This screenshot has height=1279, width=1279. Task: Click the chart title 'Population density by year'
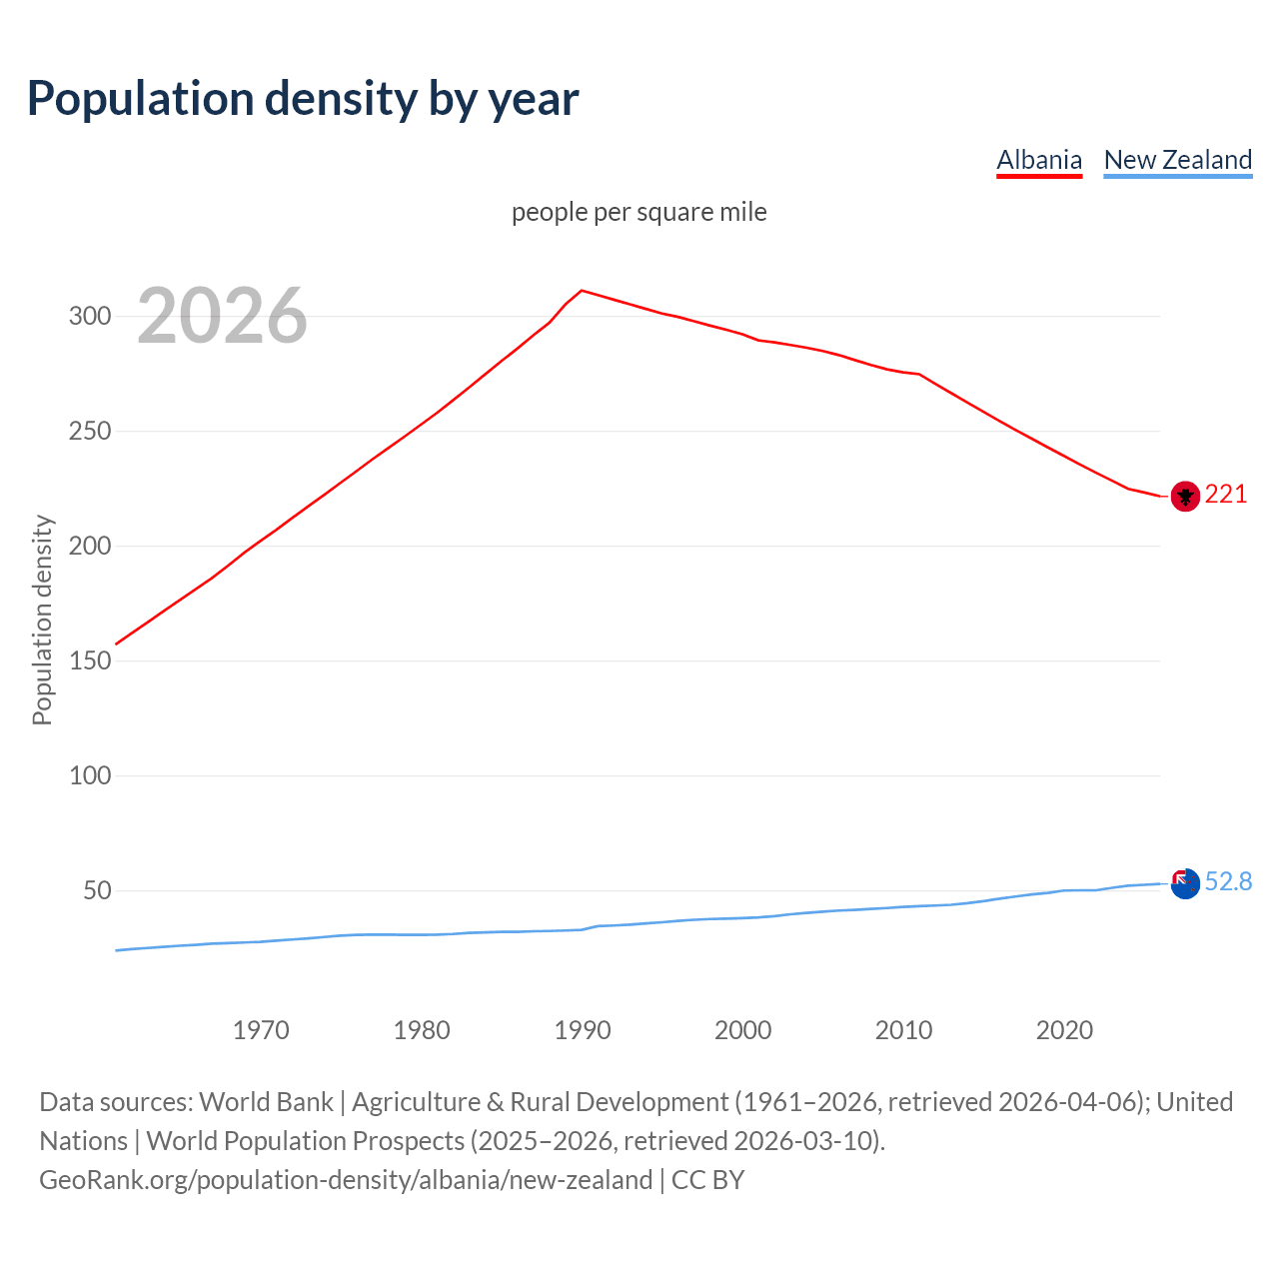[x=303, y=99]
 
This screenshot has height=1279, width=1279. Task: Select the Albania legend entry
[x=1039, y=160]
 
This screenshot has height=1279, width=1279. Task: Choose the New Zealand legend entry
[x=1177, y=160]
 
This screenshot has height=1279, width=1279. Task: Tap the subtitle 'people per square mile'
[x=639, y=213]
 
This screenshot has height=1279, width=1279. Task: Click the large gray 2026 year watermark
[x=222, y=317]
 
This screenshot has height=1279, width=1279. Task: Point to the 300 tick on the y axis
[x=89, y=317]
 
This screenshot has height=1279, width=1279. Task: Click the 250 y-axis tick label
[x=89, y=432]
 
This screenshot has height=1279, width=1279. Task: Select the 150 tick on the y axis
[x=89, y=661]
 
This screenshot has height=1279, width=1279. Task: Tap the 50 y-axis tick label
[x=96, y=890]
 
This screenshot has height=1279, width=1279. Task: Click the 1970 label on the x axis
[x=261, y=1030]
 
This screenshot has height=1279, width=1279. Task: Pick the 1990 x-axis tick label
[x=583, y=1030]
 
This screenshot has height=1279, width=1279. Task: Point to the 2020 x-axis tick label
[x=1064, y=1030]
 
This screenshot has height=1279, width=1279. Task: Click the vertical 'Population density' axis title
[x=42, y=620]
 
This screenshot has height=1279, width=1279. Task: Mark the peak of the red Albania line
[x=583, y=291]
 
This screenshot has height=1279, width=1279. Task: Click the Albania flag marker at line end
[x=1184, y=496]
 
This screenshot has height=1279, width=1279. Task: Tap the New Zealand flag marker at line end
[x=1184, y=883]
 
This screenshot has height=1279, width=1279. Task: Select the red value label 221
[x=1226, y=495]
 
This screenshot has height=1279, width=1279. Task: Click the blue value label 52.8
[x=1228, y=882]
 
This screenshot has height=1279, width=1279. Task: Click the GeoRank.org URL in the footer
[x=346, y=1180]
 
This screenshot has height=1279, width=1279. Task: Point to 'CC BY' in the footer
[x=707, y=1180]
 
